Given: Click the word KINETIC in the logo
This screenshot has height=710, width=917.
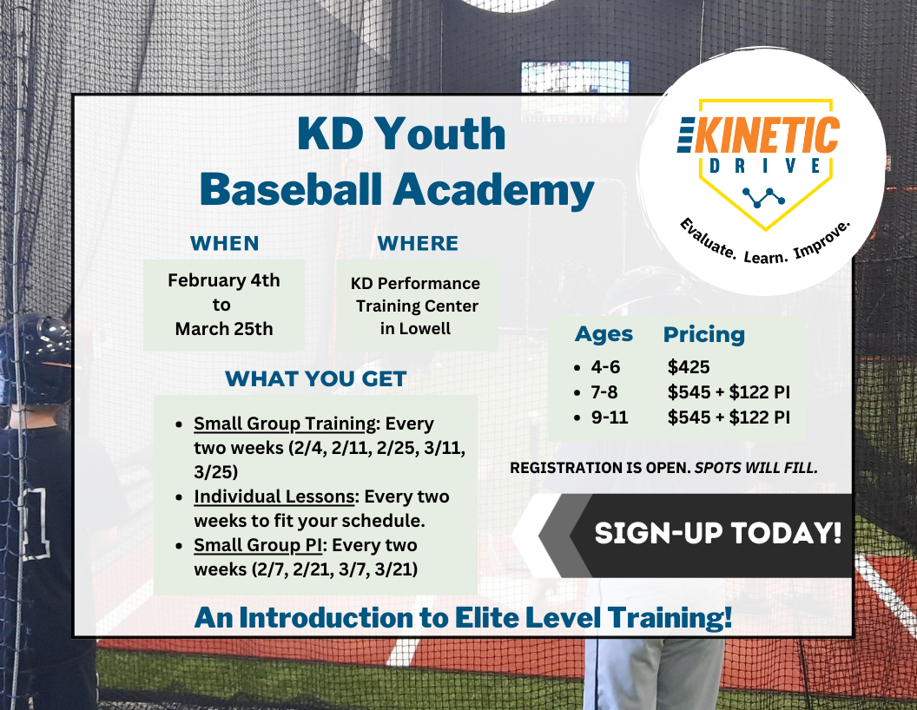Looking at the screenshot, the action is click(767, 135).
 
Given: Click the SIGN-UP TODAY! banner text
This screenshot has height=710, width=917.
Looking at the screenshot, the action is click(717, 533).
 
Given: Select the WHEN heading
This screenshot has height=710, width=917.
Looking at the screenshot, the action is click(225, 243).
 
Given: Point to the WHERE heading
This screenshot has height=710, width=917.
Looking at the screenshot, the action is click(418, 243).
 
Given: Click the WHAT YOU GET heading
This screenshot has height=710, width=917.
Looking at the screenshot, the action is click(316, 378).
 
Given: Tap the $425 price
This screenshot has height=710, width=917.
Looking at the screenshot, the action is click(689, 367).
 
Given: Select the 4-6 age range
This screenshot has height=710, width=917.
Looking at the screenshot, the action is click(605, 367).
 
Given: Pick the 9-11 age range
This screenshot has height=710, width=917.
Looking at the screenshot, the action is click(610, 417).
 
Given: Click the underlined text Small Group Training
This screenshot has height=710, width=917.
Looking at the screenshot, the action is click(286, 424).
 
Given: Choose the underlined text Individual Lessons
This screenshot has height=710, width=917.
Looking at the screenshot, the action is click(274, 496).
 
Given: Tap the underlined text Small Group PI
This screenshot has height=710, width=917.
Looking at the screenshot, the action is click(258, 545).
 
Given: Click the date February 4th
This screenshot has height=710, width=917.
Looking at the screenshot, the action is click(224, 280).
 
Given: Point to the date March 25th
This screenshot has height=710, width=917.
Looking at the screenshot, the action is click(224, 329).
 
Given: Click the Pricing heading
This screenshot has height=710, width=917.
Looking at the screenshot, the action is click(704, 335).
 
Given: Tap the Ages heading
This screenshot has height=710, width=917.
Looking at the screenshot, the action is click(604, 335).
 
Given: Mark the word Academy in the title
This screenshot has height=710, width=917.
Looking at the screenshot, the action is click(493, 191).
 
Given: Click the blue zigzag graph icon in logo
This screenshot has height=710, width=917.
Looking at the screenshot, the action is click(764, 198).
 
